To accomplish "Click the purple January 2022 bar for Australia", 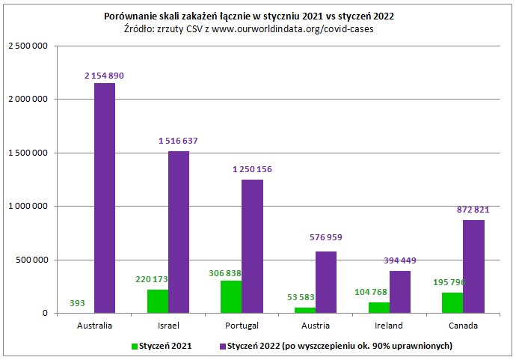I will coord(105,198).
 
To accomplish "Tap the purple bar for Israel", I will coord(179,232).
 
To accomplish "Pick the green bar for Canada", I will coord(452,303).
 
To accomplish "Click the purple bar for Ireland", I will coord(400,292).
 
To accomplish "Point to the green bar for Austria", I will coord(304,310).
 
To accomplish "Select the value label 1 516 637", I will coord(178,141).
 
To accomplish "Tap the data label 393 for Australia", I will coord(77,303).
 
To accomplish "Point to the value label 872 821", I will coord(473,210).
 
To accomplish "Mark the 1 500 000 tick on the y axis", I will coord(28,153).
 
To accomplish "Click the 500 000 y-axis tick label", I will coord(32,260).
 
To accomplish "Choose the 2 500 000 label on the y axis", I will coord(28,46).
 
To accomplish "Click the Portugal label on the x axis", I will coord(242,326).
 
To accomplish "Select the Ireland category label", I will coord(389,326).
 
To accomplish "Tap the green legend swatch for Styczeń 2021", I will coord(135,346).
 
